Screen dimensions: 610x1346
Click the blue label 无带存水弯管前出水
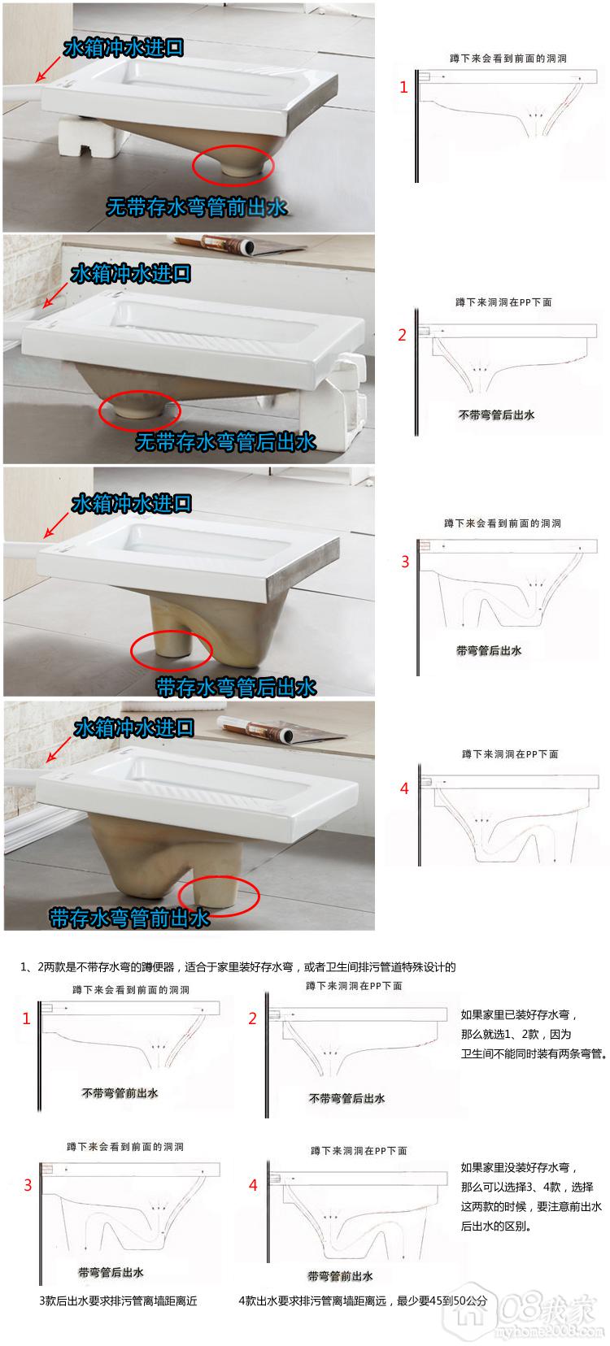[x=196, y=206]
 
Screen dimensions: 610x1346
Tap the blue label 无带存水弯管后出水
[x=225, y=441]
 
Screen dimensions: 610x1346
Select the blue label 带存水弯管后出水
[x=236, y=687]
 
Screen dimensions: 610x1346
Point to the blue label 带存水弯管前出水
[x=129, y=918]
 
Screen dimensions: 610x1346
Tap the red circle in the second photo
[x=140, y=411]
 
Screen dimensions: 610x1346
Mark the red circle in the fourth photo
[x=219, y=896]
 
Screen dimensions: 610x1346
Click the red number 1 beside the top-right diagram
[x=403, y=87]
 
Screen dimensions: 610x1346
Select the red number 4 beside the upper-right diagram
[x=404, y=788]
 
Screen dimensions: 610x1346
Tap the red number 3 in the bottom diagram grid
[x=28, y=1185]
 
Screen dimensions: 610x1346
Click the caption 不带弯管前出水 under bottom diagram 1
[x=120, y=1093]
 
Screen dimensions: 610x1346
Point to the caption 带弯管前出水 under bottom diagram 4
[x=340, y=1276]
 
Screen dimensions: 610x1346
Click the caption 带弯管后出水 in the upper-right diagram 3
[x=489, y=650]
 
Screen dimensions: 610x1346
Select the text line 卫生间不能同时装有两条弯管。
[x=534, y=1053]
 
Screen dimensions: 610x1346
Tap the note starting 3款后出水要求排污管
[x=118, y=1301]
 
